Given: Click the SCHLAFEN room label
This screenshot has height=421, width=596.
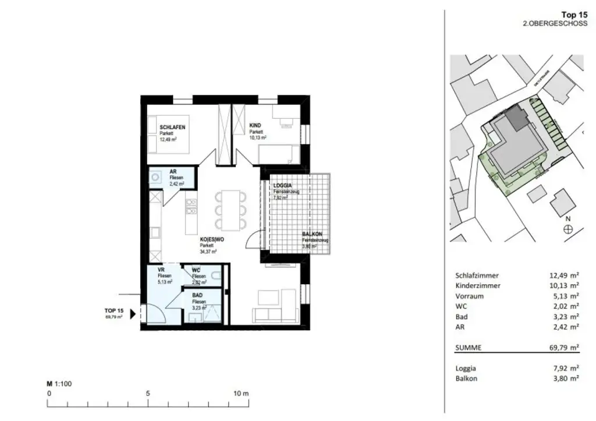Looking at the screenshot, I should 173,128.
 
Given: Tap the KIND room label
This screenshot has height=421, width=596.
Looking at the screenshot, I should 256,126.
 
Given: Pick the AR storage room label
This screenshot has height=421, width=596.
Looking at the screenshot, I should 173,172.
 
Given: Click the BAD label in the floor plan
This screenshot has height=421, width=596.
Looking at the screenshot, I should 197,295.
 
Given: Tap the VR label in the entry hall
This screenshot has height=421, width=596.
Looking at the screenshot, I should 161,270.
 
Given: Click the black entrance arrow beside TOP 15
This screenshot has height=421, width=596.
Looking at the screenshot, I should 133,314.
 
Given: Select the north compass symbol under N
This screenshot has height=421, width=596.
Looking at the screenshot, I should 568,229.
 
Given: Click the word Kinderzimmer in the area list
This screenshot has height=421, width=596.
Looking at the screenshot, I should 477,285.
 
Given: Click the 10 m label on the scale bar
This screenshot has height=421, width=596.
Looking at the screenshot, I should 240,394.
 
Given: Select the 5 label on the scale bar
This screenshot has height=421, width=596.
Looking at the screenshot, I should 148,394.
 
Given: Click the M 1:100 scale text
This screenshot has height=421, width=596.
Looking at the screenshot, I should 59,384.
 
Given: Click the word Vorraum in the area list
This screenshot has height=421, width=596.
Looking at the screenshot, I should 470,296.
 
